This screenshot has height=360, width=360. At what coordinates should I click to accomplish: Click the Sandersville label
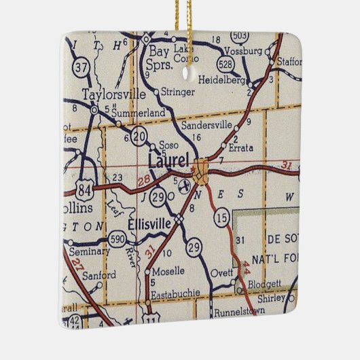(x=206, y=125)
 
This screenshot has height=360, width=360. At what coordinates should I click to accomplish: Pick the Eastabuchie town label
(x=166, y=293)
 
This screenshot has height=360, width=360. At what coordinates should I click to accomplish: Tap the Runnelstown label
(x=238, y=314)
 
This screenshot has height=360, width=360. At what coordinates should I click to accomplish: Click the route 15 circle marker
(x=221, y=217)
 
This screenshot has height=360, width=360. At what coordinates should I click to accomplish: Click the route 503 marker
(x=239, y=35)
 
